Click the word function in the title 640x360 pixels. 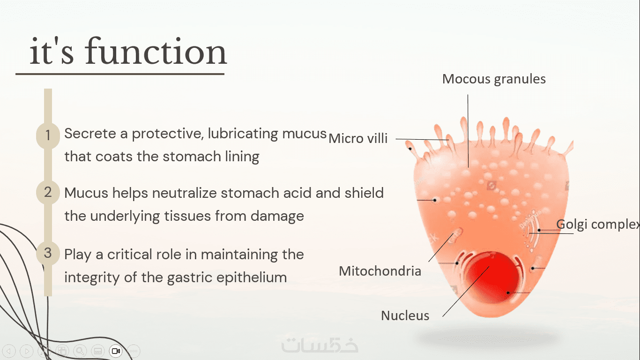click(x=156, y=52)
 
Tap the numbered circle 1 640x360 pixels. click(x=48, y=135)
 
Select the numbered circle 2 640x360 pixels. click(x=48, y=192)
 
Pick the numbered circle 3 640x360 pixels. click(x=48, y=253)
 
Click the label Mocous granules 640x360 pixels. click(x=494, y=79)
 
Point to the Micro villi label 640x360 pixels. click(x=358, y=139)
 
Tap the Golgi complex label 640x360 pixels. click(x=598, y=225)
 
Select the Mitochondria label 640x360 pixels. click(x=380, y=271)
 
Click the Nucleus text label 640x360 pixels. click(x=405, y=315)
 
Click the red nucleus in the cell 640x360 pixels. click(x=493, y=277)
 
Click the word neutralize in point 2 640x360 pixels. click(x=185, y=193)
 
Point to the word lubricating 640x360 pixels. click(x=243, y=134)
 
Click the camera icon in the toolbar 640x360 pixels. click(x=116, y=351)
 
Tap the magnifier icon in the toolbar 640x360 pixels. click(x=80, y=351)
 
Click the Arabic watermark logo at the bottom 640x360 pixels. click(x=320, y=344)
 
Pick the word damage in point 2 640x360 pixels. click(x=277, y=216)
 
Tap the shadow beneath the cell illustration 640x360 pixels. click(x=487, y=339)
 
